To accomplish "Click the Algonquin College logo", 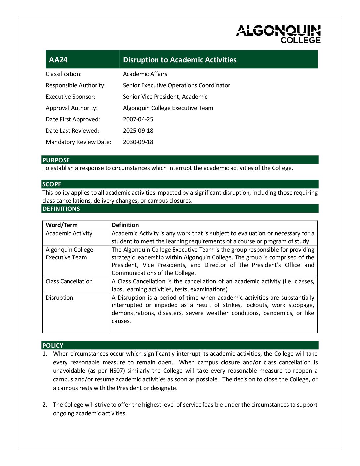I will (x=278, y=34).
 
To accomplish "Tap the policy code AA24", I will (x=58, y=60).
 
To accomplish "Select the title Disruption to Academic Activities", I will (x=180, y=60).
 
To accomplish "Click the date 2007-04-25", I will (x=138, y=119).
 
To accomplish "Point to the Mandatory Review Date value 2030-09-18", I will (x=138, y=142).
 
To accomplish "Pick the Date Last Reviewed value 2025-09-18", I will (x=138, y=131).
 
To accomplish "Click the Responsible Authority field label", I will (x=75, y=85).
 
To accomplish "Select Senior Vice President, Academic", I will (x=165, y=97).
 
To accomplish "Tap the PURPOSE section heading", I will (x=56, y=160).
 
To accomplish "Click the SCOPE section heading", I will (x=52, y=184).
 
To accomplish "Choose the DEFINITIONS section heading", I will (x=61, y=209).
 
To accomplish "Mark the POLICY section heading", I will (x=53, y=345).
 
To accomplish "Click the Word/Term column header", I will (x=62, y=225).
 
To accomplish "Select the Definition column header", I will (x=125, y=225).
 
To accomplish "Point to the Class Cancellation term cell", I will (x=69, y=281).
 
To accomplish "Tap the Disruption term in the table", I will (x=59, y=298).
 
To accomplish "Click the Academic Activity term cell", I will (x=69, y=233).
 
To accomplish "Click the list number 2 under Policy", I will (x=45, y=405).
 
